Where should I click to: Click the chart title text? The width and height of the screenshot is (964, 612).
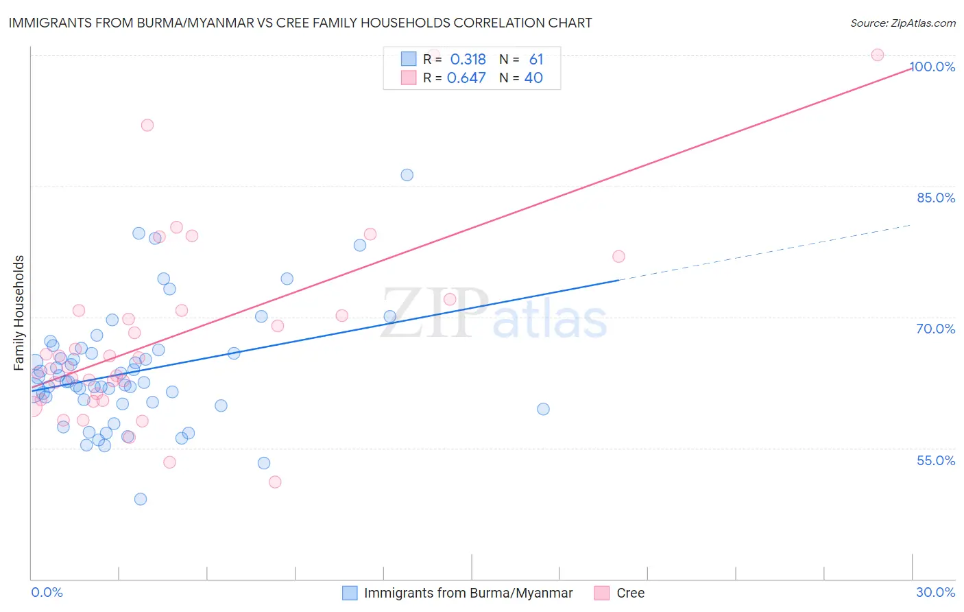tap(300, 23)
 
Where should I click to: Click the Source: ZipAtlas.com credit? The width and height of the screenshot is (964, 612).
tap(902, 23)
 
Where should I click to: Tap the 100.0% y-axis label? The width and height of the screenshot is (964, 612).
tap(932, 67)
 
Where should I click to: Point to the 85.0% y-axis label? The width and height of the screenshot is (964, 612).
tap(936, 198)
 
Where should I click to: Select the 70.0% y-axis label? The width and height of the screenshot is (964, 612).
tap(936, 329)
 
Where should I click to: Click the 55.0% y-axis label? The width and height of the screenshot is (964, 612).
tap(936, 460)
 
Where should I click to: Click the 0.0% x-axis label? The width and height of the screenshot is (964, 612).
tap(47, 592)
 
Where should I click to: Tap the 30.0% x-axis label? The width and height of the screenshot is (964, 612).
tap(936, 592)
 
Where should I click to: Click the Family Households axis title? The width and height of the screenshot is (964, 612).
tap(19, 313)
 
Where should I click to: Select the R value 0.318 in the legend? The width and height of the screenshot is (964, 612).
tap(468, 59)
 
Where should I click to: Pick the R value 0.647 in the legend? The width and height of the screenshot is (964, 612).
tap(466, 78)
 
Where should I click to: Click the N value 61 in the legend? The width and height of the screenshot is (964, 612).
tap(536, 59)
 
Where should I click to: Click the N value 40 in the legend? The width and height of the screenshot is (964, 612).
tap(533, 78)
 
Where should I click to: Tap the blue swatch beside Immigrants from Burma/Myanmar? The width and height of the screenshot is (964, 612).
tap(350, 593)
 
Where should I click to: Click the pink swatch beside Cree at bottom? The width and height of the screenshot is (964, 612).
tap(602, 593)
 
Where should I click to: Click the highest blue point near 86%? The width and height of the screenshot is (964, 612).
tap(407, 175)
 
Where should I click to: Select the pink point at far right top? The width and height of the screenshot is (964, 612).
tap(878, 55)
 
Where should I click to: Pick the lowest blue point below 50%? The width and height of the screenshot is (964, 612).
tap(141, 499)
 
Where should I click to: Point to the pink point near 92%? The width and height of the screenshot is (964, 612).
tap(147, 125)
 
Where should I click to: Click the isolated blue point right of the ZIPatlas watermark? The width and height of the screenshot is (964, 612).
tap(543, 409)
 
